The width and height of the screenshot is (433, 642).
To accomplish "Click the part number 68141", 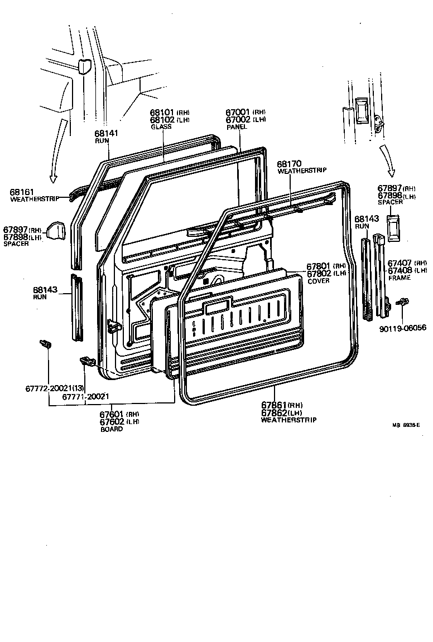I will (x=107, y=133).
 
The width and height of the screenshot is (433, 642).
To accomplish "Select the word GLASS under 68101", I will (x=161, y=127).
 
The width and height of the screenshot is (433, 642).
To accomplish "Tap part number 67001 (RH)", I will (x=239, y=112).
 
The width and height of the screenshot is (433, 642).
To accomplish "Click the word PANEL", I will (x=237, y=127).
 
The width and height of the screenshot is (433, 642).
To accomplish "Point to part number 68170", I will (x=289, y=163).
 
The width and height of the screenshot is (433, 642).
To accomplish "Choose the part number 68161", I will (x=22, y=192).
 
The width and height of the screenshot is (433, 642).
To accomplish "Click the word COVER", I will (x=319, y=281).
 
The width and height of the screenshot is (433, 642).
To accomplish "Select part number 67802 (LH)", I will (x=319, y=274).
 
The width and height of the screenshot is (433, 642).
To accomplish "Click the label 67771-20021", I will (x=85, y=396).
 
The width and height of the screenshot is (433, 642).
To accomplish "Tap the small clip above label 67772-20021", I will (x=46, y=344).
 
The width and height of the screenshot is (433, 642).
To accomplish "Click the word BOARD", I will (x=112, y=429).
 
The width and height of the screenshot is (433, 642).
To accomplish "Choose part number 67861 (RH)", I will (x=274, y=405).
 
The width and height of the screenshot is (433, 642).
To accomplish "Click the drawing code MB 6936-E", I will (x=406, y=425).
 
